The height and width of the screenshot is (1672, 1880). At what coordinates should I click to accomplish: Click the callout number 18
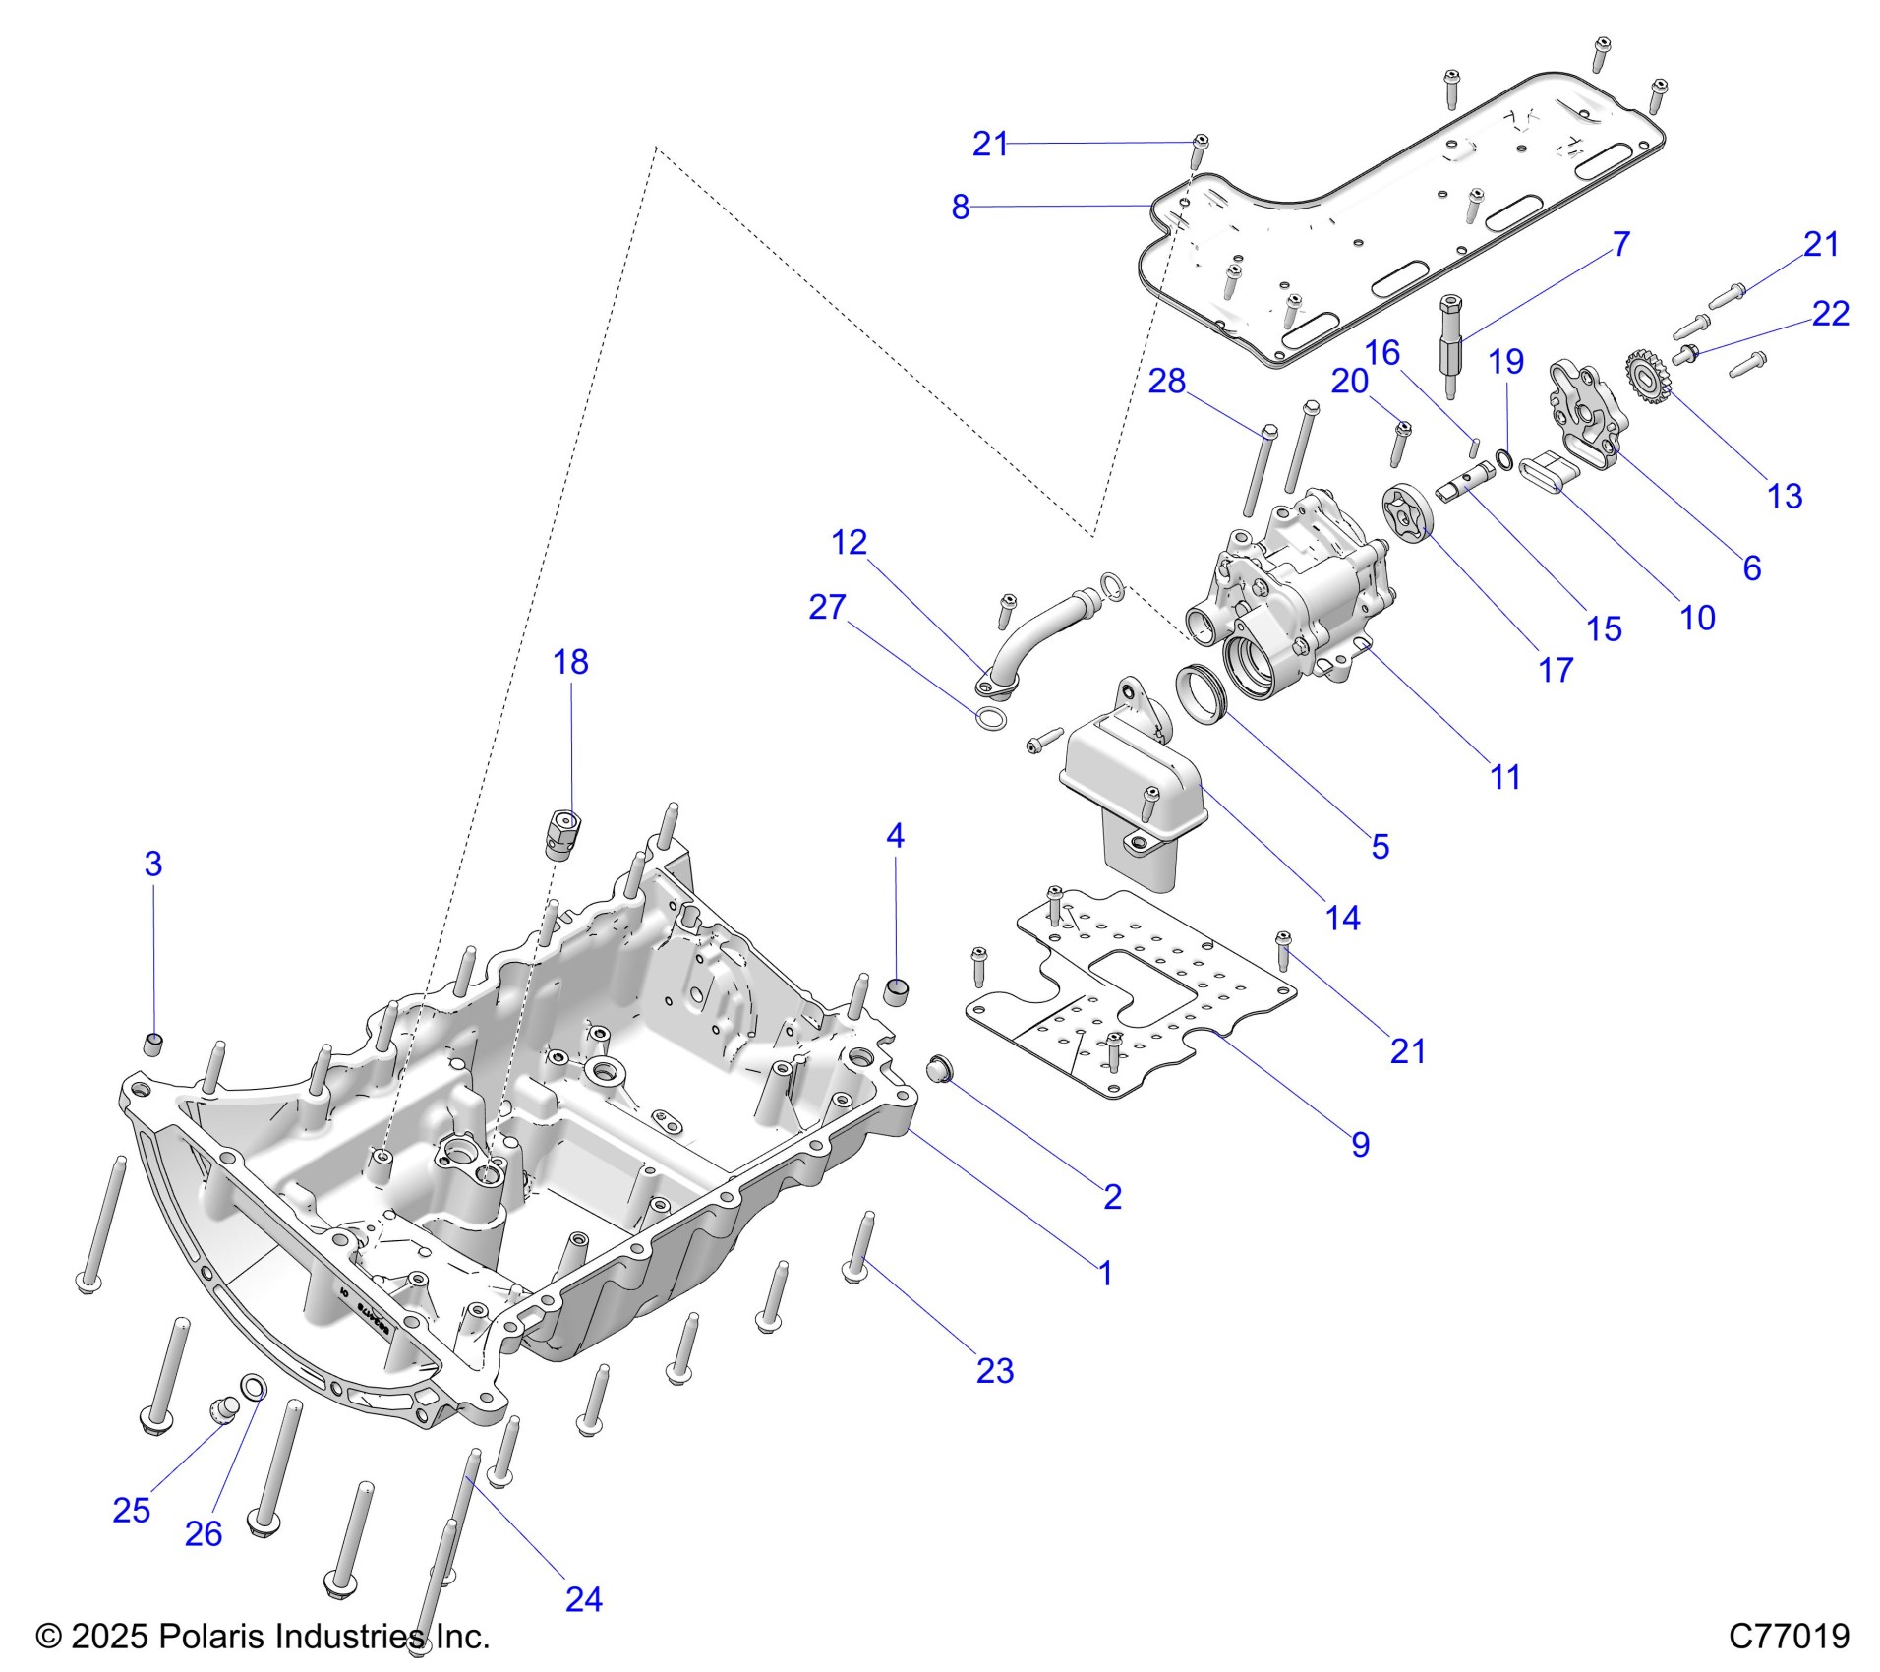570,662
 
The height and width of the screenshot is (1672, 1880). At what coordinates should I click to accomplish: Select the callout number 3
152,864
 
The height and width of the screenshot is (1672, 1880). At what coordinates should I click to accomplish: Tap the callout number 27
827,607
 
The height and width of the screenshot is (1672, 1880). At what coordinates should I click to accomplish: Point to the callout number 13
1785,496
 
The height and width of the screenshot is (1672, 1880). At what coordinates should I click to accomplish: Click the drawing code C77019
1789,1636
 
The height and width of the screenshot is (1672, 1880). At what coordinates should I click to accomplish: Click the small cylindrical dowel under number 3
153,1043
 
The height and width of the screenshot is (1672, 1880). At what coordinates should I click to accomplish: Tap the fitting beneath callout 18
562,834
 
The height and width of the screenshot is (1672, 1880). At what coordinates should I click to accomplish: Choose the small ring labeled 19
1503,457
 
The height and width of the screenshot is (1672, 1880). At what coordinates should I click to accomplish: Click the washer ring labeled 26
254,1388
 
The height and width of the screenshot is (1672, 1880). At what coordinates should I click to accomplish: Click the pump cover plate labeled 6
1583,413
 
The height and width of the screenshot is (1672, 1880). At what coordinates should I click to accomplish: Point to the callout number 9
1360,1144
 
